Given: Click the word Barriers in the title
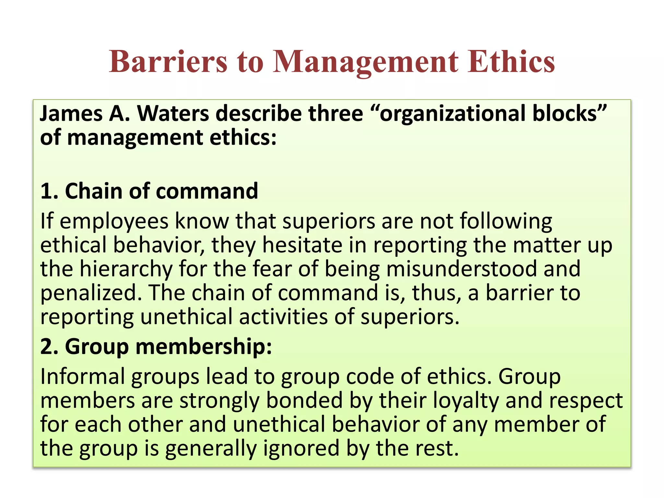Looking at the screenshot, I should [168, 62].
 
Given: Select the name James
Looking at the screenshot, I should [71, 114].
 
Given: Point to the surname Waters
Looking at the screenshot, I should [173, 114].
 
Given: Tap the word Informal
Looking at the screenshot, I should [83, 377].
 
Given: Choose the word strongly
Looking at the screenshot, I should [219, 401].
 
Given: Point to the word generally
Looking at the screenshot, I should [211, 449].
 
